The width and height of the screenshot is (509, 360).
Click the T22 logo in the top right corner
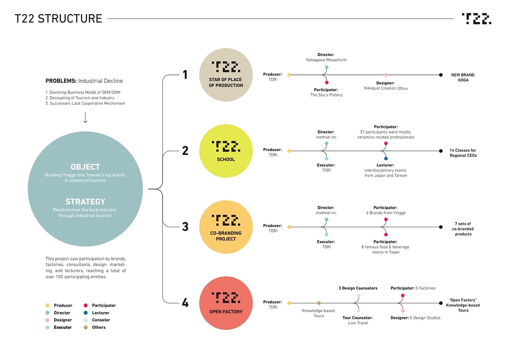476,19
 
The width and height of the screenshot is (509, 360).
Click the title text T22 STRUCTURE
58,19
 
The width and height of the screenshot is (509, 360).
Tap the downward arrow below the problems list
85,117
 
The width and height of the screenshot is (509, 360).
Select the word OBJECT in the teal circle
85,167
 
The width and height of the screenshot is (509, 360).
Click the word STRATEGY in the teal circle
85,201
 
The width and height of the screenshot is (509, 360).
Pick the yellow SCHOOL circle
226,151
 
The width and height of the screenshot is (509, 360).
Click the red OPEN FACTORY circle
226,303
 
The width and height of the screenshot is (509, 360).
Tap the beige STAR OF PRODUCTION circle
226,75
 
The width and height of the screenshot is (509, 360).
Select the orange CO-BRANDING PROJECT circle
226,227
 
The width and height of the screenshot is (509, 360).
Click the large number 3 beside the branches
185,227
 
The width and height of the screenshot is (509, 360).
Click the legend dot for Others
85,327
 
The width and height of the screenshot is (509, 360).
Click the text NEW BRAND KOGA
463,77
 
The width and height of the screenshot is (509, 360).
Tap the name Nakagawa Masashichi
326,60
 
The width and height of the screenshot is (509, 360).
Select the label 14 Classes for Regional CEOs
463,153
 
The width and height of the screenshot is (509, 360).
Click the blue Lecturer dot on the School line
386,159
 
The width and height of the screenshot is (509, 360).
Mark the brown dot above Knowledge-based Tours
319,303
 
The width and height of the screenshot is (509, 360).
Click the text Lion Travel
358,323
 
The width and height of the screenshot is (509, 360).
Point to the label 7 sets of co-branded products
463,229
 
